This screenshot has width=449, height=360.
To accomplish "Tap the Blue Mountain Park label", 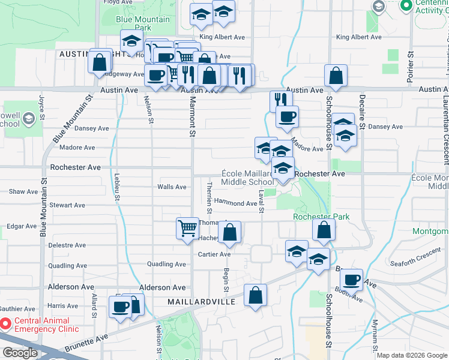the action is click(143, 23).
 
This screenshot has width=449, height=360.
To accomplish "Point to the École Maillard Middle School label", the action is click(247, 177).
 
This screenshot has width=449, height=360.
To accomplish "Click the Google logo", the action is click(20, 352).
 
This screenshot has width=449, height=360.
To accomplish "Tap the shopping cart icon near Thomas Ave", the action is click(187, 228).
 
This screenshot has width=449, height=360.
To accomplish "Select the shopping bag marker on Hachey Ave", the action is click(229, 232).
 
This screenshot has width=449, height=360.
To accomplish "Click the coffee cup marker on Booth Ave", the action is click(351, 279).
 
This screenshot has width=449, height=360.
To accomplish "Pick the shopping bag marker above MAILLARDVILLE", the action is click(255, 295).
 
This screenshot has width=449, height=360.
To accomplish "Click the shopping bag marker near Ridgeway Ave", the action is click(99, 61).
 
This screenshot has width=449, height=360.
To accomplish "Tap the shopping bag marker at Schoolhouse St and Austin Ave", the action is click(336, 76).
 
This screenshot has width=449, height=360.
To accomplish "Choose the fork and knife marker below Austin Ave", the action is click(280, 100).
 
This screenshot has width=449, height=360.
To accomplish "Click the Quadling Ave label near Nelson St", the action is click(166, 264).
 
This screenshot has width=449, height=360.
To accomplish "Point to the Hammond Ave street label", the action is click(235, 203).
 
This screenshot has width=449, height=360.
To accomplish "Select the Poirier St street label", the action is click(411, 66).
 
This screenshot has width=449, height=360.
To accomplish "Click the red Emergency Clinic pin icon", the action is click(6, 325).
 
